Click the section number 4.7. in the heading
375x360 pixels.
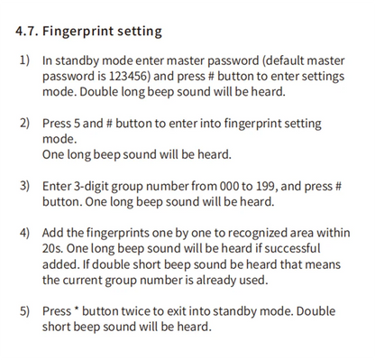click(x=30, y=32)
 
